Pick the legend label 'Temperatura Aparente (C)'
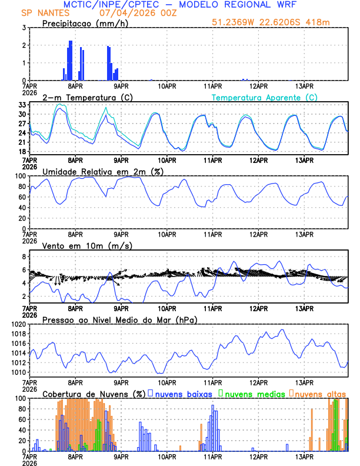click(x=265, y=97)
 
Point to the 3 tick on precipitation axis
click(x=24, y=28)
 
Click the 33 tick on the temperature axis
click(x=22, y=105)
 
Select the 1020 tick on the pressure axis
click(x=19, y=324)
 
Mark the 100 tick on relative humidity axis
click(x=20, y=176)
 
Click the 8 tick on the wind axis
click(x=24, y=257)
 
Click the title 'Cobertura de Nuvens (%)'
click(x=94, y=394)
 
